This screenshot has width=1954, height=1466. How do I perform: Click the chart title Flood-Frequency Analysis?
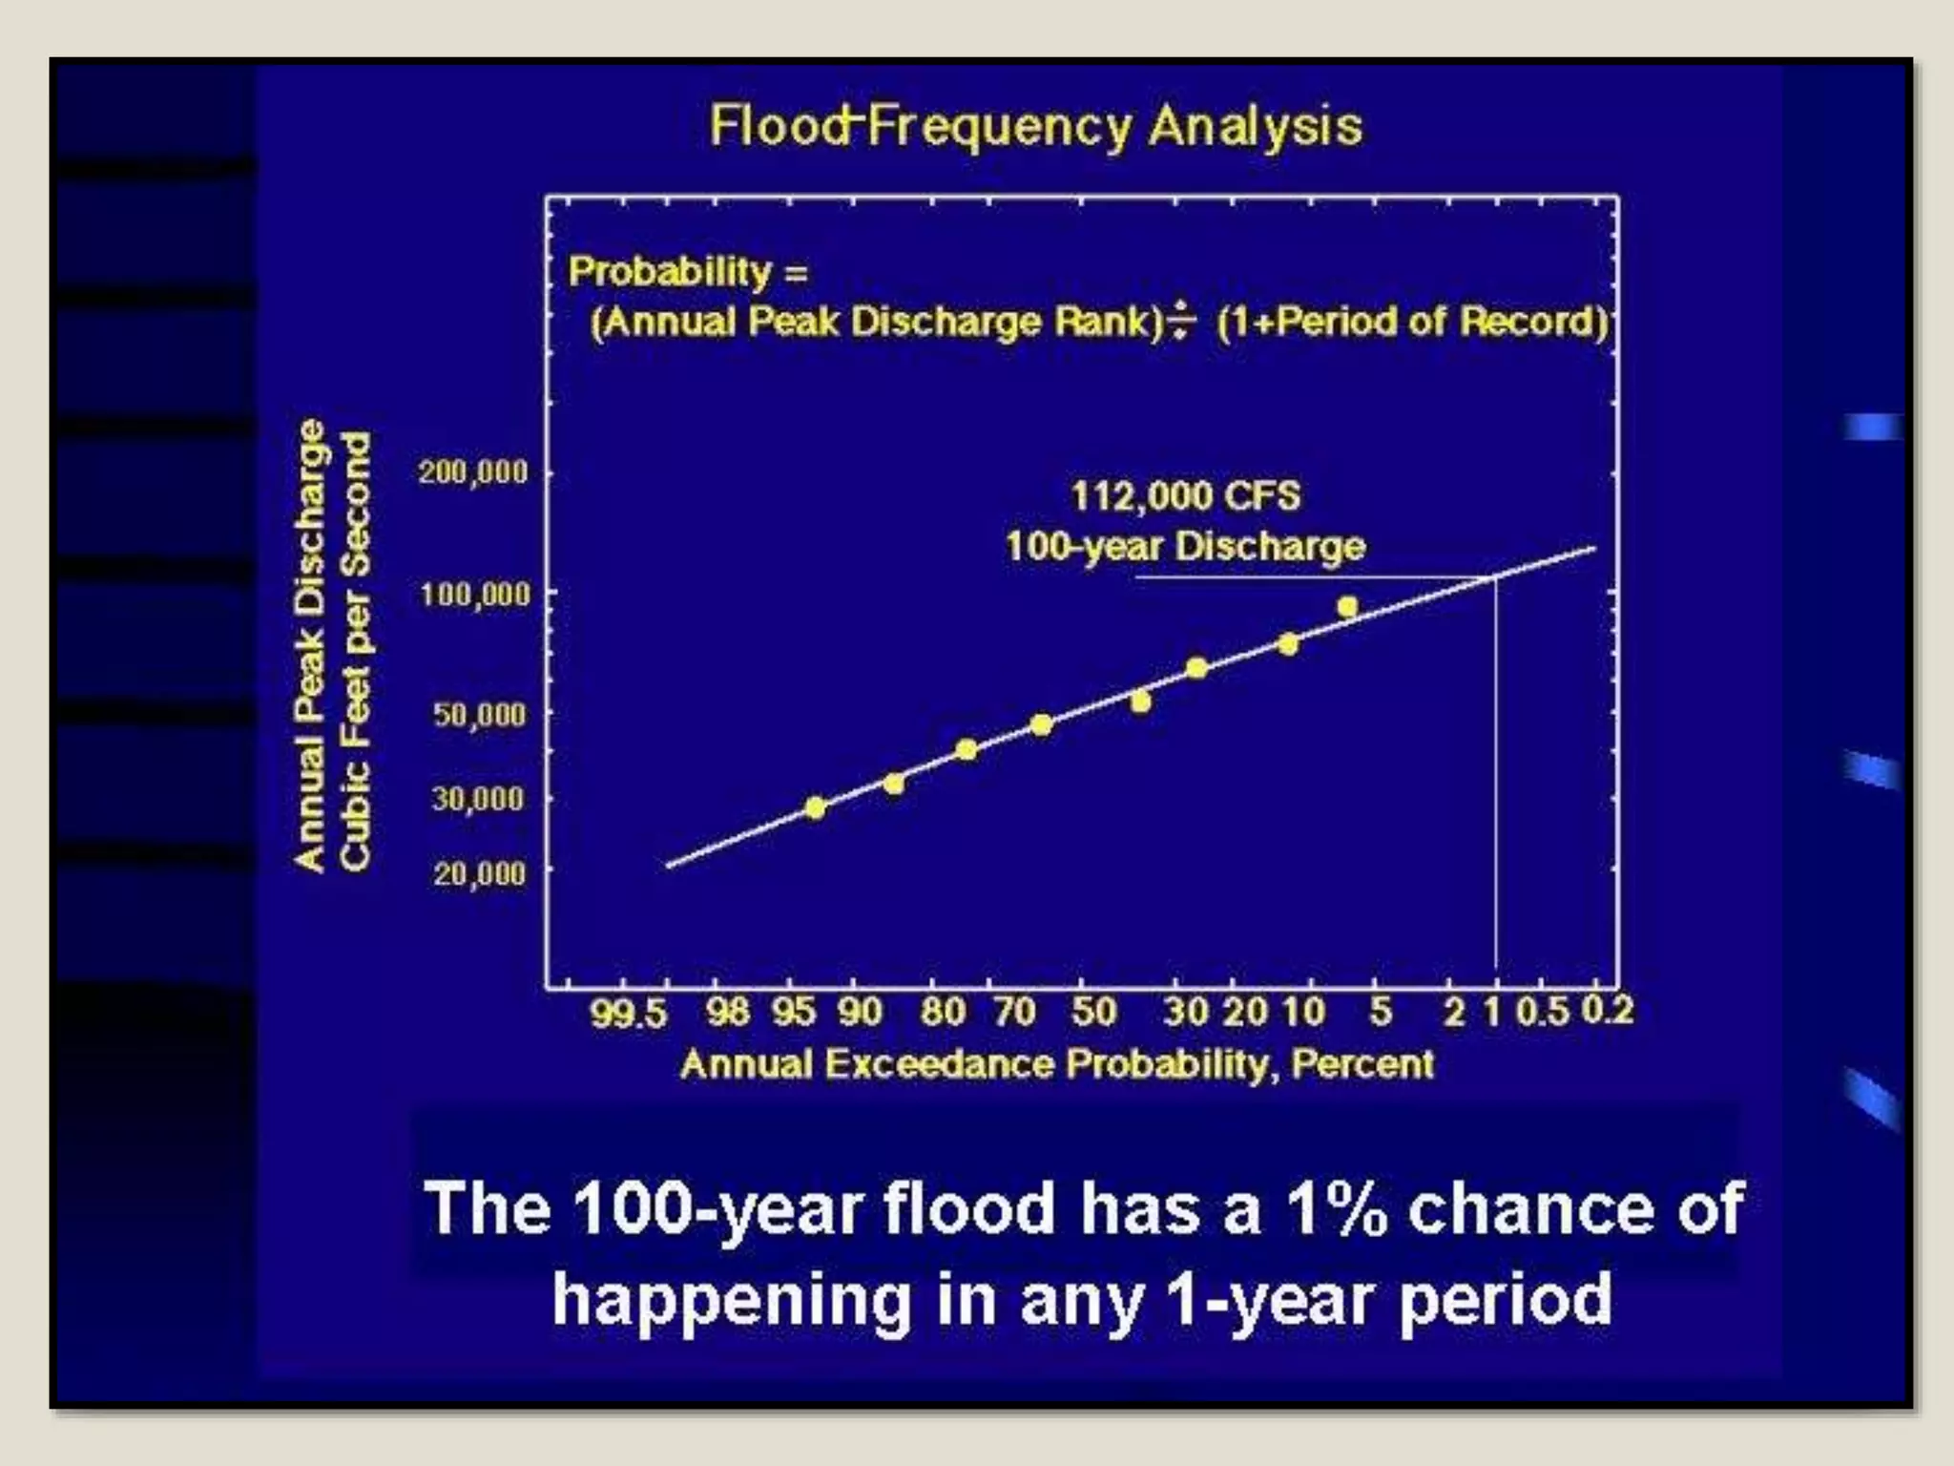(1036, 127)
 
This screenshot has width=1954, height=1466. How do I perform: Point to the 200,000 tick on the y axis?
(473, 471)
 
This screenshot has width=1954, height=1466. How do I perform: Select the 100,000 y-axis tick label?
(474, 595)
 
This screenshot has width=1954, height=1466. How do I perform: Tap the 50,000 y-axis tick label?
(479, 715)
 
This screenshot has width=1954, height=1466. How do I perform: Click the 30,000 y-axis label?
(478, 798)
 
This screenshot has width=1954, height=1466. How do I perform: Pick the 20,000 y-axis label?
(479, 873)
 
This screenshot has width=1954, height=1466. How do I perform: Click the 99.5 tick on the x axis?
(628, 1013)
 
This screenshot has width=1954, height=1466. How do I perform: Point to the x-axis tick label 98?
(728, 1012)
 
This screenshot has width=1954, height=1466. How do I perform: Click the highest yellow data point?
(1347, 607)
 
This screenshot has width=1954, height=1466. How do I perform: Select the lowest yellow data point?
(815, 808)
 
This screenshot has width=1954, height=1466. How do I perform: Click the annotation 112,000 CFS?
(1185, 496)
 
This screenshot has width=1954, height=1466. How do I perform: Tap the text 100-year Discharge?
(1185, 547)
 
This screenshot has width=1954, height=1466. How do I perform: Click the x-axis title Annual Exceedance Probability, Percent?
(1056, 1064)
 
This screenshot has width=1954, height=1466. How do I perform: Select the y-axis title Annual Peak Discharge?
(309, 645)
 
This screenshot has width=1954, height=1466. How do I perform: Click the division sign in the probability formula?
(1181, 321)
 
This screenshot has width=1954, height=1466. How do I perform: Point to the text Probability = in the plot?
(688, 272)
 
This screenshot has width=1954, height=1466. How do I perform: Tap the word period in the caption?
(1505, 1300)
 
